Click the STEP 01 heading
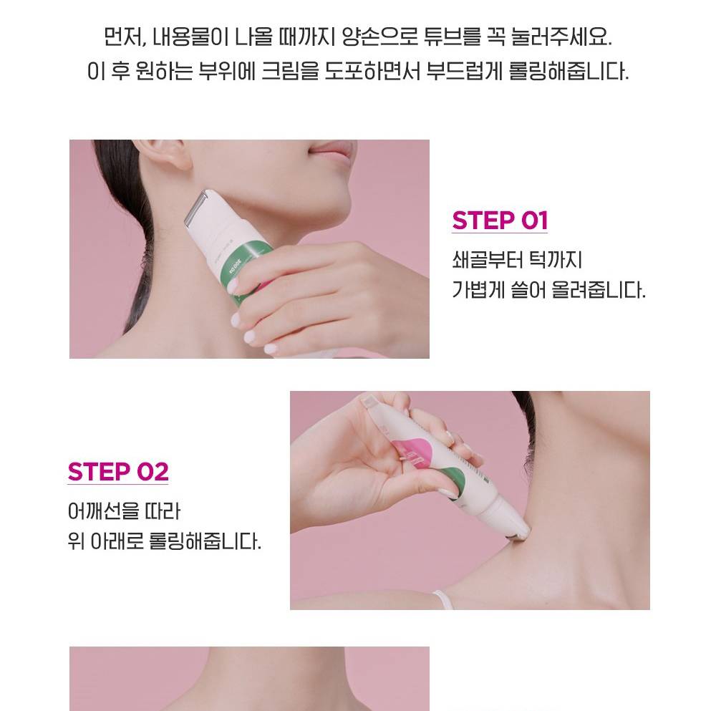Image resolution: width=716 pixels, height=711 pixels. (x=500, y=221)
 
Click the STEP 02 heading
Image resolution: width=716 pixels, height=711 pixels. (x=118, y=472)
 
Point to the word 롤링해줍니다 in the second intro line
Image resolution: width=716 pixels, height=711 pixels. (x=569, y=71)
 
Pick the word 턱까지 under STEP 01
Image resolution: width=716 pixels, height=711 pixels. (x=556, y=259)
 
